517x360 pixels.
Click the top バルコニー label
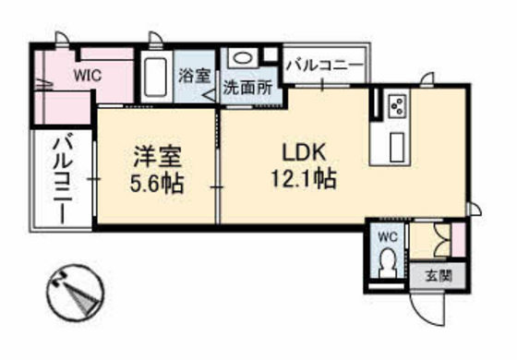pos(322,66)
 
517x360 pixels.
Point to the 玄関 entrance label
pos(439,274)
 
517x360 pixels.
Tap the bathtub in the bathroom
pos(155,79)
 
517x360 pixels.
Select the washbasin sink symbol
pos(242,58)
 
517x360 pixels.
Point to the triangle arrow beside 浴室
pos(210,90)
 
